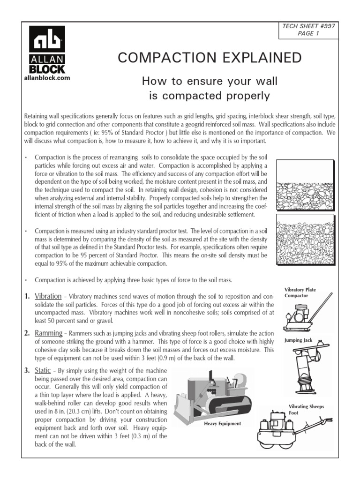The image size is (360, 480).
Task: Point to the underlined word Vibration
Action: [x=48, y=297]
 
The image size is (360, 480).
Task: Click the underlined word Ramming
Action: [x=49, y=333]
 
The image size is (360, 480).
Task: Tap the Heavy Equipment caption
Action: [x=222, y=423]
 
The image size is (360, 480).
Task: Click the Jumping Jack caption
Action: [x=298, y=340]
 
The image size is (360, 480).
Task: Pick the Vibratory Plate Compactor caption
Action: [x=300, y=293]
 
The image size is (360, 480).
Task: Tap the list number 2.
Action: [x=27, y=333]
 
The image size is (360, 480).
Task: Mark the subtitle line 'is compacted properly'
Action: [x=209, y=97]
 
